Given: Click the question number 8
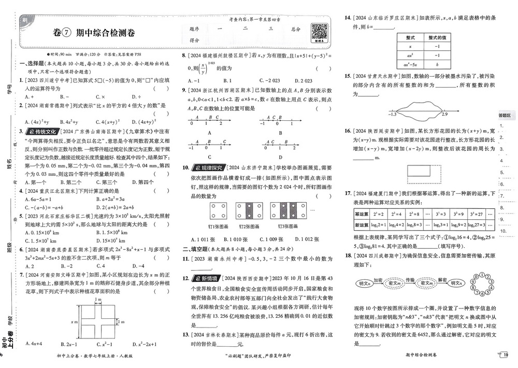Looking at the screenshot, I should tap(184, 55).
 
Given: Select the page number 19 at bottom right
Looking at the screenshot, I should tap(506, 355).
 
